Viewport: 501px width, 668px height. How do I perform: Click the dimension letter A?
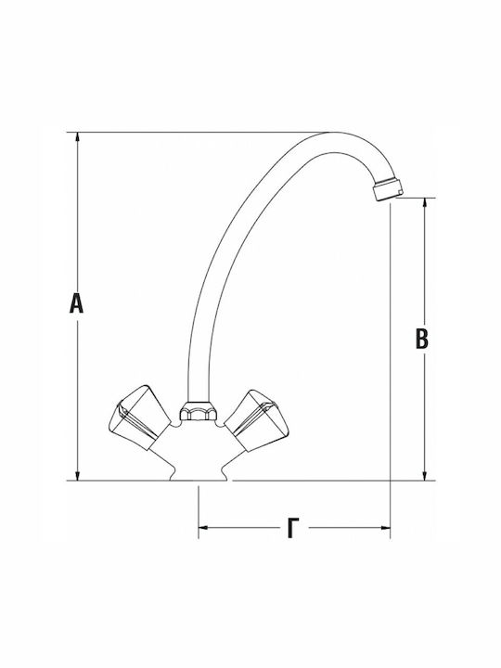coord(76,302)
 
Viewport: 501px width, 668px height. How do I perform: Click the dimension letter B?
coord(421,339)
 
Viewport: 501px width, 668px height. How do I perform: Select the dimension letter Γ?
coord(292,527)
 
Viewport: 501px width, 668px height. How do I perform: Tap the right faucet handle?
coord(256,419)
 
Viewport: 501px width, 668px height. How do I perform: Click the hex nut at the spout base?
coord(199,411)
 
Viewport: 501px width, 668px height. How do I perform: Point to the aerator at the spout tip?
coord(388,189)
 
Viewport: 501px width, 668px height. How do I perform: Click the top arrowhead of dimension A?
coord(77,137)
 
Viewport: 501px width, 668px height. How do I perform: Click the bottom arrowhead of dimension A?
coord(77,475)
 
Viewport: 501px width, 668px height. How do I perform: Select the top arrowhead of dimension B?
coord(424,203)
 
